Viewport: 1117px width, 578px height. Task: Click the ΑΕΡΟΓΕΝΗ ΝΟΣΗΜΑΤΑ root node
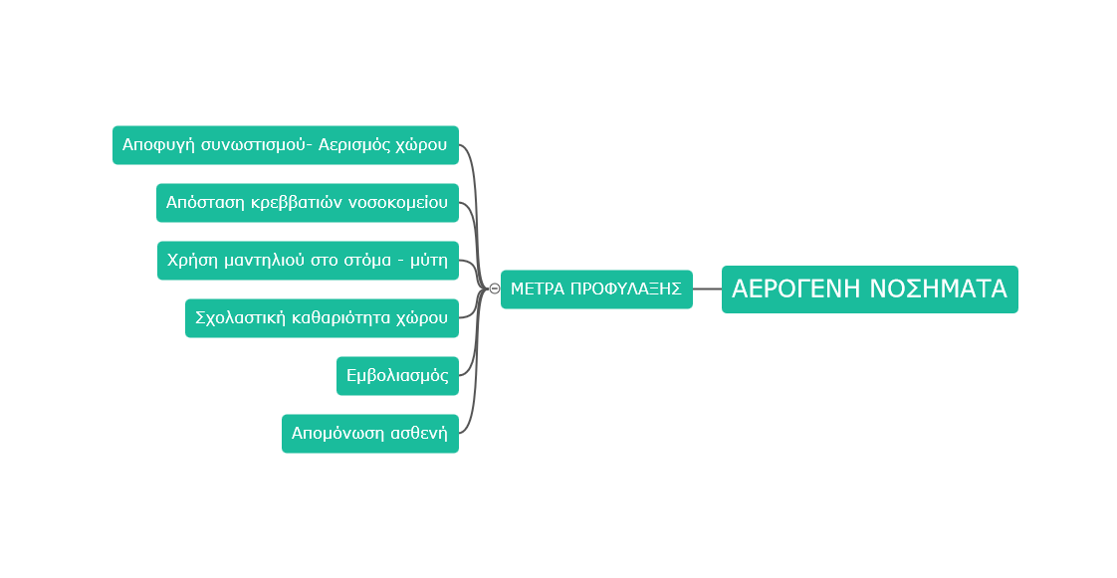coord(869,289)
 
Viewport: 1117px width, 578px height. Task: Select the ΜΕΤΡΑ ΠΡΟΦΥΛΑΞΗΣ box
coord(596,289)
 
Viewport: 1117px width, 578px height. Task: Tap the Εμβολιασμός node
coord(397,376)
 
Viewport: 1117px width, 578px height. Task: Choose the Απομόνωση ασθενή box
coord(369,434)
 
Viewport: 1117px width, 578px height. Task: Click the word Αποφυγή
coord(155,145)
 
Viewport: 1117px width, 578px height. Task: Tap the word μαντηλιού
coord(257,261)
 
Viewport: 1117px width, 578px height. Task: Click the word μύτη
coord(429,261)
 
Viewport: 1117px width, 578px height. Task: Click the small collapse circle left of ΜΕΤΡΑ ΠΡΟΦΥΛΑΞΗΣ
coord(495,289)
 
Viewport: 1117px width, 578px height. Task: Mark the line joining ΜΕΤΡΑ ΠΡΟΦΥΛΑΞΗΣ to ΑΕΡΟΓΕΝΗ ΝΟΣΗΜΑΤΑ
coord(707,289)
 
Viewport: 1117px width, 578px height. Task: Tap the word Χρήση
coord(190,261)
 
